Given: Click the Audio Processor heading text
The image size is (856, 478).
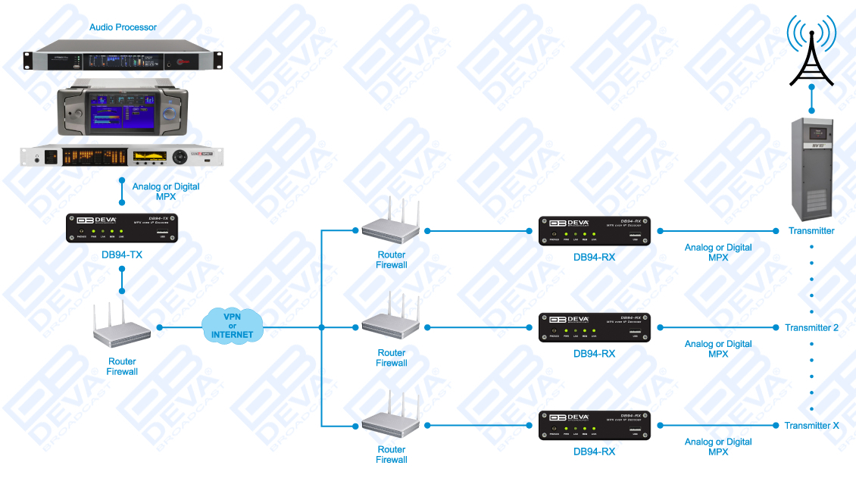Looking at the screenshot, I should [x=123, y=27].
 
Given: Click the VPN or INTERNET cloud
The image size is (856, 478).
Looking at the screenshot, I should [x=233, y=326].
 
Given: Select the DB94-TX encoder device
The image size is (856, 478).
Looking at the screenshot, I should [x=122, y=228].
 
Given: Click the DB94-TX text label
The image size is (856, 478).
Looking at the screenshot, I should [x=122, y=255].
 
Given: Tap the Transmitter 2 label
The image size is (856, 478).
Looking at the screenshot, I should [x=811, y=328].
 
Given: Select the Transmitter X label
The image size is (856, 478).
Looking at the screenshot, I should [x=811, y=426].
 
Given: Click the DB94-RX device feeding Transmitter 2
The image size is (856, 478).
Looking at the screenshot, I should [x=594, y=327].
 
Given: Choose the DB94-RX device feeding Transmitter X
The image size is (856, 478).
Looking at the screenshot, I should [x=594, y=425].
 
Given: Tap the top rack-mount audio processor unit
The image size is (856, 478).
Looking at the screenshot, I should [x=123, y=61].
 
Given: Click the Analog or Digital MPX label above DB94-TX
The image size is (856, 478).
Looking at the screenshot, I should [x=166, y=191].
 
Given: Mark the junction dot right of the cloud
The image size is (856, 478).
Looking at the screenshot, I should [x=322, y=327].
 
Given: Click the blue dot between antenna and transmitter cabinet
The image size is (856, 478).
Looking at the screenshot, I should [x=811, y=87].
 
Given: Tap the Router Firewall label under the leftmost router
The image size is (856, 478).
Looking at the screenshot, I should [x=123, y=367].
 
